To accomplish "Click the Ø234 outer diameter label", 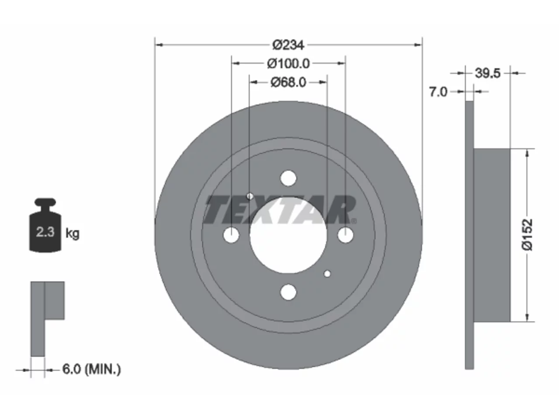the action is [x=288, y=45].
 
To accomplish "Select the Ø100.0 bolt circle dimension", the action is [x=288, y=64].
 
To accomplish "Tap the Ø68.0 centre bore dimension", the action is [x=288, y=82].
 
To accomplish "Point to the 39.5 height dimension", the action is [x=487, y=73].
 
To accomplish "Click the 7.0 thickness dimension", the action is [x=438, y=92].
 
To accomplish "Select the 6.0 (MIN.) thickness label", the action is [x=92, y=369].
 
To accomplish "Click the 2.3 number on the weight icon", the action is [x=45, y=232].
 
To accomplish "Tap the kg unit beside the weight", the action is [x=72, y=233].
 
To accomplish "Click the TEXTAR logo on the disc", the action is [x=280, y=209].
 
